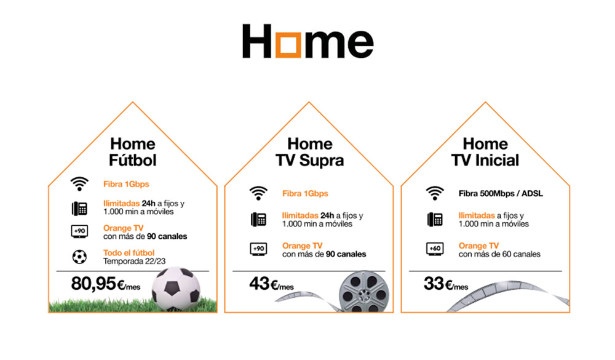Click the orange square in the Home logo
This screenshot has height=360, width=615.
pos(288,42)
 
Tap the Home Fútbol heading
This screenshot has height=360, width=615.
pos(133,152)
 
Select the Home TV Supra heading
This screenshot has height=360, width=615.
pos(309,152)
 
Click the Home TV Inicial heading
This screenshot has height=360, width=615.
pos(485,152)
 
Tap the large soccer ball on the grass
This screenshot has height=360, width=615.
pos(176,289)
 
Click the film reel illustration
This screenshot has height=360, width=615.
pos(364,292)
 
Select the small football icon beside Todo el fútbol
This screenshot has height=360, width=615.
pos(79,257)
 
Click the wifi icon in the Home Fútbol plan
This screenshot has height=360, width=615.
pos(79,184)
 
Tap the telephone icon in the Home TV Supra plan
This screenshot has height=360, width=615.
pos(258,219)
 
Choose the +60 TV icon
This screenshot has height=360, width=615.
pos(435,249)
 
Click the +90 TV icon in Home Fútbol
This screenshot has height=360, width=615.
pos(79,231)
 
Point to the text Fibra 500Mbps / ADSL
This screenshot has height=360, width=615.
pos(501,194)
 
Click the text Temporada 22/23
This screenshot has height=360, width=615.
pos(135,262)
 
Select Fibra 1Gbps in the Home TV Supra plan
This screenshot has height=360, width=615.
pos(305,194)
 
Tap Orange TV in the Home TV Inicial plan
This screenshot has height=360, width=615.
pos(478,246)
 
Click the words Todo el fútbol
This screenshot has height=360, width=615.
pos(129,253)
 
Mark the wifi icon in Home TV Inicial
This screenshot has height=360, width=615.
pos(435,193)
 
